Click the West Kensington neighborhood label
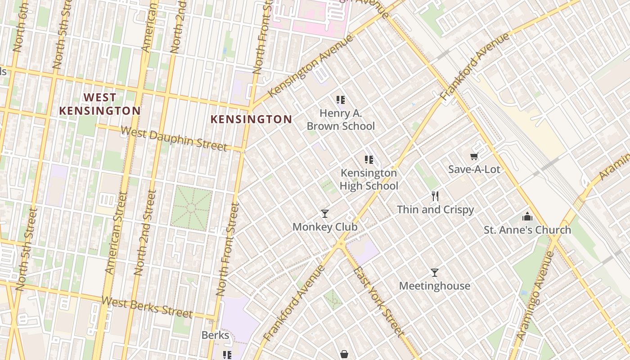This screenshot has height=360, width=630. [x=100, y=104]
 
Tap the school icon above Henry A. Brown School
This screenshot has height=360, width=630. [x=341, y=100]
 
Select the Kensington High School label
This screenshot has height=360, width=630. [x=369, y=179]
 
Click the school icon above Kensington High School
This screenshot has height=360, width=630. [x=369, y=159]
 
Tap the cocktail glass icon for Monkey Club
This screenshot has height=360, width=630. [x=325, y=213]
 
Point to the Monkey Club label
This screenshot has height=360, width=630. [x=325, y=227]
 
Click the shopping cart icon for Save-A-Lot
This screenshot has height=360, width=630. [x=474, y=157]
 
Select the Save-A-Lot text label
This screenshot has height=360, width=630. [x=474, y=170]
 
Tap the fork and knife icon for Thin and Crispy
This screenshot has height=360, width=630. [x=435, y=196]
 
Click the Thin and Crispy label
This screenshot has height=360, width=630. [x=435, y=210]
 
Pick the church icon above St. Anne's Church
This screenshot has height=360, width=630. [x=527, y=217]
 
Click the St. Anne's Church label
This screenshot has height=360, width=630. [x=527, y=230]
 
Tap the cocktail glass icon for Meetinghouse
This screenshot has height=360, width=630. [x=435, y=273]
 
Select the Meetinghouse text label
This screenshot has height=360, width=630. [x=435, y=286]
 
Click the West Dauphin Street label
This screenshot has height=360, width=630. [x=174, y=139]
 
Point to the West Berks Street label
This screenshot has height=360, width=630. [x=147, y=308]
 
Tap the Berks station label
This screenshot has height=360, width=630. [x=215, y=335]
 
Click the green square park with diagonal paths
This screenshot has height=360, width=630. [x=191, y=208]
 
